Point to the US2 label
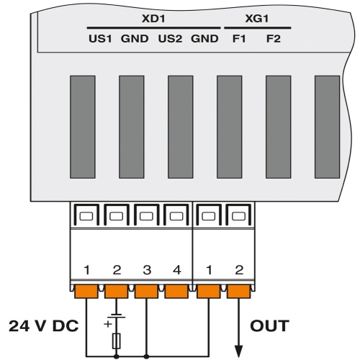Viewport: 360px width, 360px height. pyautogui.click(x=170, y=38)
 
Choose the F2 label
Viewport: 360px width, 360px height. pyautogui.click(x=272, y=38)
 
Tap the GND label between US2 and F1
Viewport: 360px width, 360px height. pyautogui.click(x=204, y=38)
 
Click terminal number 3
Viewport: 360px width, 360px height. pyautogui.click(x=147, y=271)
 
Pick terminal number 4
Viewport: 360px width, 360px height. pyautogui.click(x=176, y=271)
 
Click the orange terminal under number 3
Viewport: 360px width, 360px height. pyautogui.click(x=147, y=292)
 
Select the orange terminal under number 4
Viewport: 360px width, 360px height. pyautogui.click(x=176, y=292)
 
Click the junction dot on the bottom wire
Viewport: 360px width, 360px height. pyautogui.click(x=147, y=354)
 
